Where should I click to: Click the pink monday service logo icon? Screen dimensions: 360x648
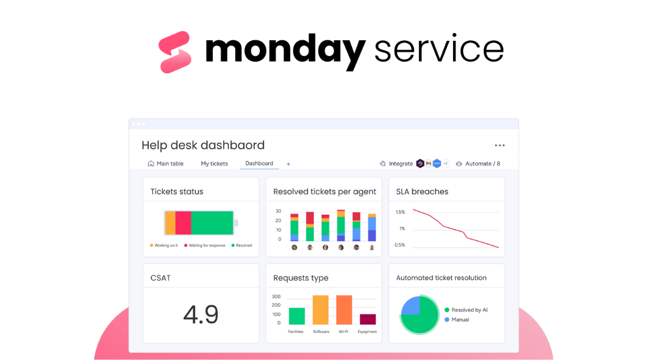(175, 52)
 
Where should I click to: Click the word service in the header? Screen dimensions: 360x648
(439, 50)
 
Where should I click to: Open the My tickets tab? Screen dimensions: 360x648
(214, 164)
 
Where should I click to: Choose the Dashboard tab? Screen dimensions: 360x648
(259, 163)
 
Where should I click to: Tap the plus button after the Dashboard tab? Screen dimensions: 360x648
(289, 164)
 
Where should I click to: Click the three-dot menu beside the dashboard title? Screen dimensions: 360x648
(500, 145)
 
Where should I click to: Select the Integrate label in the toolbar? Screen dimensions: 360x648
(401, 164)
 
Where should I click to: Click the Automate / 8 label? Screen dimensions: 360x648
(482, 164)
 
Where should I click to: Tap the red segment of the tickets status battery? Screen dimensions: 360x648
(183, 223)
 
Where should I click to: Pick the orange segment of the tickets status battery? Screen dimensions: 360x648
(170, 223)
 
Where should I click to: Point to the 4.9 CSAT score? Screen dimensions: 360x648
(200, 314)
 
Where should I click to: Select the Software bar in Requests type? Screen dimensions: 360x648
(320, 310)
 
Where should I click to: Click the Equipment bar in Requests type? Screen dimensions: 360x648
(368, 319)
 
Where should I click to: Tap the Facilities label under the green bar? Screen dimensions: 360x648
(296, 332)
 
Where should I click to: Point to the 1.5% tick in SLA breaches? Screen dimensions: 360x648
(400, 212)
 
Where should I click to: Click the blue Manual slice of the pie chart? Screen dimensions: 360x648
(411, 306)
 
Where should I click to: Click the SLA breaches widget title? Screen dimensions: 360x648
(422, 192)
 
